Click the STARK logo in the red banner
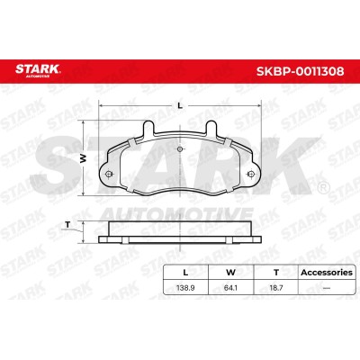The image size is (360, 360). (38, 70)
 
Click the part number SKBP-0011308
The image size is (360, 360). (300, 71)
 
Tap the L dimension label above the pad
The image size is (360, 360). (180, 105)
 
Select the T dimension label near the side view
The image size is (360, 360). (67, 224)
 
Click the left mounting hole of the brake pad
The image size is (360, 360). (109, 174)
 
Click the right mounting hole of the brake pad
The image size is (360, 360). (251, 174)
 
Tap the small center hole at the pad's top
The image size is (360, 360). (180, 149)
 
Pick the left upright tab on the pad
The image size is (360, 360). (148, 128)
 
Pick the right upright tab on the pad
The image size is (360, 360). (211, 128)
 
